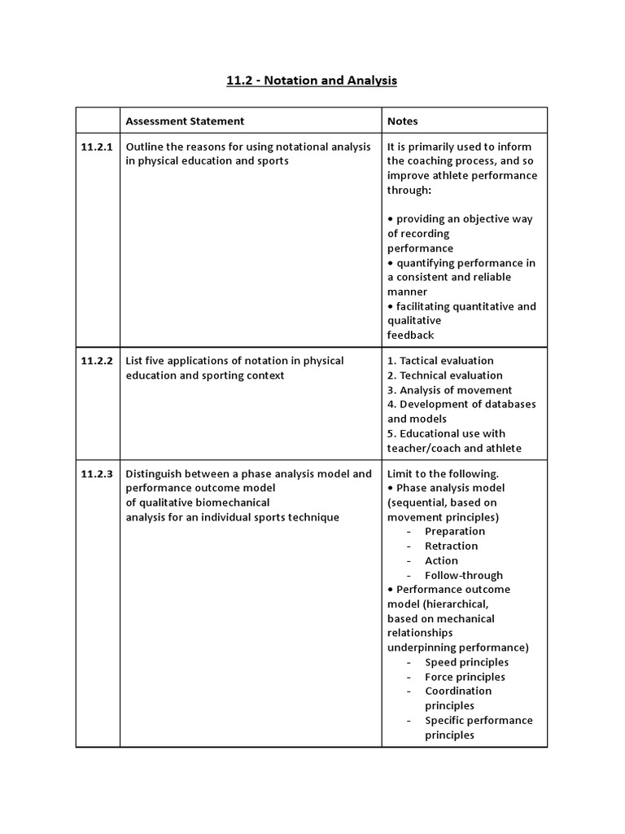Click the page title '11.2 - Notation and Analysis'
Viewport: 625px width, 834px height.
[x=312, y=81]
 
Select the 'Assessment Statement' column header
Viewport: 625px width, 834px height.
[x=185, y=121]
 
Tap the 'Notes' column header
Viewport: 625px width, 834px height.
[x=402, y=121]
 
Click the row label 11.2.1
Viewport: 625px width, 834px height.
[x=97, y=147]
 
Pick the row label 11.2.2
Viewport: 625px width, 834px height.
[x=97, y=361]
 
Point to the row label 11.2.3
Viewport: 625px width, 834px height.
[x=97, y=474]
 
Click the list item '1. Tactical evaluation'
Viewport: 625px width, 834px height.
[x=440, y=361]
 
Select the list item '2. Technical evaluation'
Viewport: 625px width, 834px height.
[x=444, y=375]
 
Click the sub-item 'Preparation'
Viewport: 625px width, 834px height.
[x=455, y=532]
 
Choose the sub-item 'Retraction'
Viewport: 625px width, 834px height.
[x=451, y=546]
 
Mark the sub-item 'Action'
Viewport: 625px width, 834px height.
[x=441, y=561]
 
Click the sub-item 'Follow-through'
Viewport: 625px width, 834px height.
[x=464, y=576]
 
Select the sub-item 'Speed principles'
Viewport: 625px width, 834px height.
[x=466, y=663]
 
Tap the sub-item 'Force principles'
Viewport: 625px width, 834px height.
[x=465, y=678]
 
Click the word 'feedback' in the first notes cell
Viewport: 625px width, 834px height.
[x=410, y=336]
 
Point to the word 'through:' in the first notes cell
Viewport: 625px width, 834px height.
[x=409, y=190]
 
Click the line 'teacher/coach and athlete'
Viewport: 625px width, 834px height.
[x=454, y=448]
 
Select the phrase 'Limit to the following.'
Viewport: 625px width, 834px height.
[x=443, y=474]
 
